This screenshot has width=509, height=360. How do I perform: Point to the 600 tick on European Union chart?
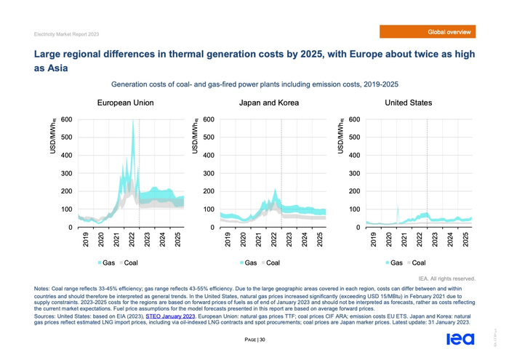(x=66, y=120)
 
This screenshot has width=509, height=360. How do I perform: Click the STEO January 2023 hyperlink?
(x=171, y=316)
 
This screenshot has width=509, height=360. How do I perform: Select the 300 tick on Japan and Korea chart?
(x=209, y=174)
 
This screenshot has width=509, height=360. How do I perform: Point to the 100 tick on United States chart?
(x=354, y=209)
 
